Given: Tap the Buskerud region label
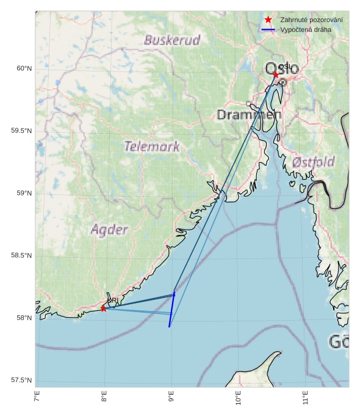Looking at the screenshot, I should click(172, 40).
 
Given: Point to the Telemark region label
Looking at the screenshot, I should click(152, 146).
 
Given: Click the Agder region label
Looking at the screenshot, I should click(109, 230).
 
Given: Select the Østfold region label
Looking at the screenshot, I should click(313, 162).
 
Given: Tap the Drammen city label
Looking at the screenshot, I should click(249, 115).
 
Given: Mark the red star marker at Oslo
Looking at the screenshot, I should click(276, 75).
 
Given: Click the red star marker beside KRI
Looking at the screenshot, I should click(103, 308).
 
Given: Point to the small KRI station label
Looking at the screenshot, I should click(112, 301).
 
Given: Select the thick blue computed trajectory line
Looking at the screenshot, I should click(171, 310).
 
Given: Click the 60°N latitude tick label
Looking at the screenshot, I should click(24, 68).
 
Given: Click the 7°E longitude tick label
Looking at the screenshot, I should click(37, 400).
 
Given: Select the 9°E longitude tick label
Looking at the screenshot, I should click(171, 400).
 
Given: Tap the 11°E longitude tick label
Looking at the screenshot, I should click(306, 400).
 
